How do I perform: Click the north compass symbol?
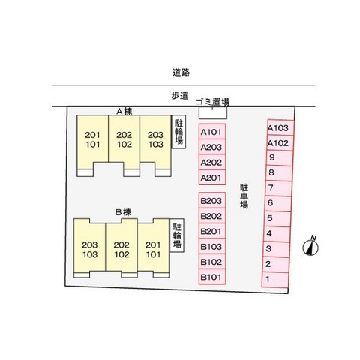coord(310,246)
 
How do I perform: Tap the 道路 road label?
coord(181,73)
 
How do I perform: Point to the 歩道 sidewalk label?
coord(179,96)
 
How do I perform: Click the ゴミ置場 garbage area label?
coord(212,102)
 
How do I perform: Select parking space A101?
coord(212,131)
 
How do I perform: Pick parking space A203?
coord(212,147)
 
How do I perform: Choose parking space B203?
coord(212,200)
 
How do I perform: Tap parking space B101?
coord(212,277)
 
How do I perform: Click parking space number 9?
coord(280,158)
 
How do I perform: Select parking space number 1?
coord(275,280)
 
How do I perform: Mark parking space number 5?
coord(277,219)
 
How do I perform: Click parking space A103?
coord(280,127)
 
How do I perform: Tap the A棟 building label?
coord(124,111)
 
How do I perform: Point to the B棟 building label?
coord(123,212)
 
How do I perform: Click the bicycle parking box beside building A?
coord(178,132)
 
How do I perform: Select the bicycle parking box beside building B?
coord(177,235)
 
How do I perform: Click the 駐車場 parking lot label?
coord(244,196)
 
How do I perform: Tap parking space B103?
coord(212,246)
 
